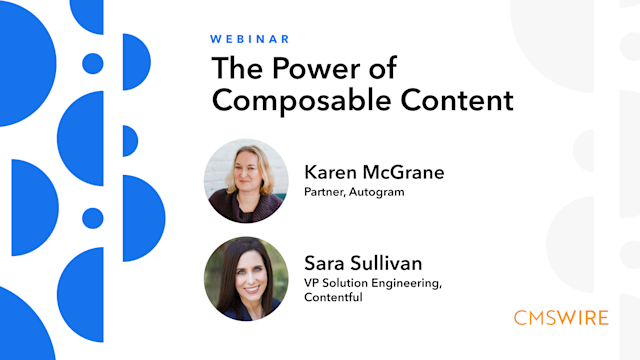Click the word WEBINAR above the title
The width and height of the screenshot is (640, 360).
point(250,39)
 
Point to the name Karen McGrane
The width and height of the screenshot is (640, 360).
point(373,172)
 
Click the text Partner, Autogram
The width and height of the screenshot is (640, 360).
point(354,191)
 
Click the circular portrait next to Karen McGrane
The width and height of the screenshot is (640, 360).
point(246,181)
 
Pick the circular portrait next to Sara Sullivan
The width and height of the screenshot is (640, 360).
point(246,278)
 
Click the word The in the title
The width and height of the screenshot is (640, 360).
point(234,68)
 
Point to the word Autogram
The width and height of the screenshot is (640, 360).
point(379,191)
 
